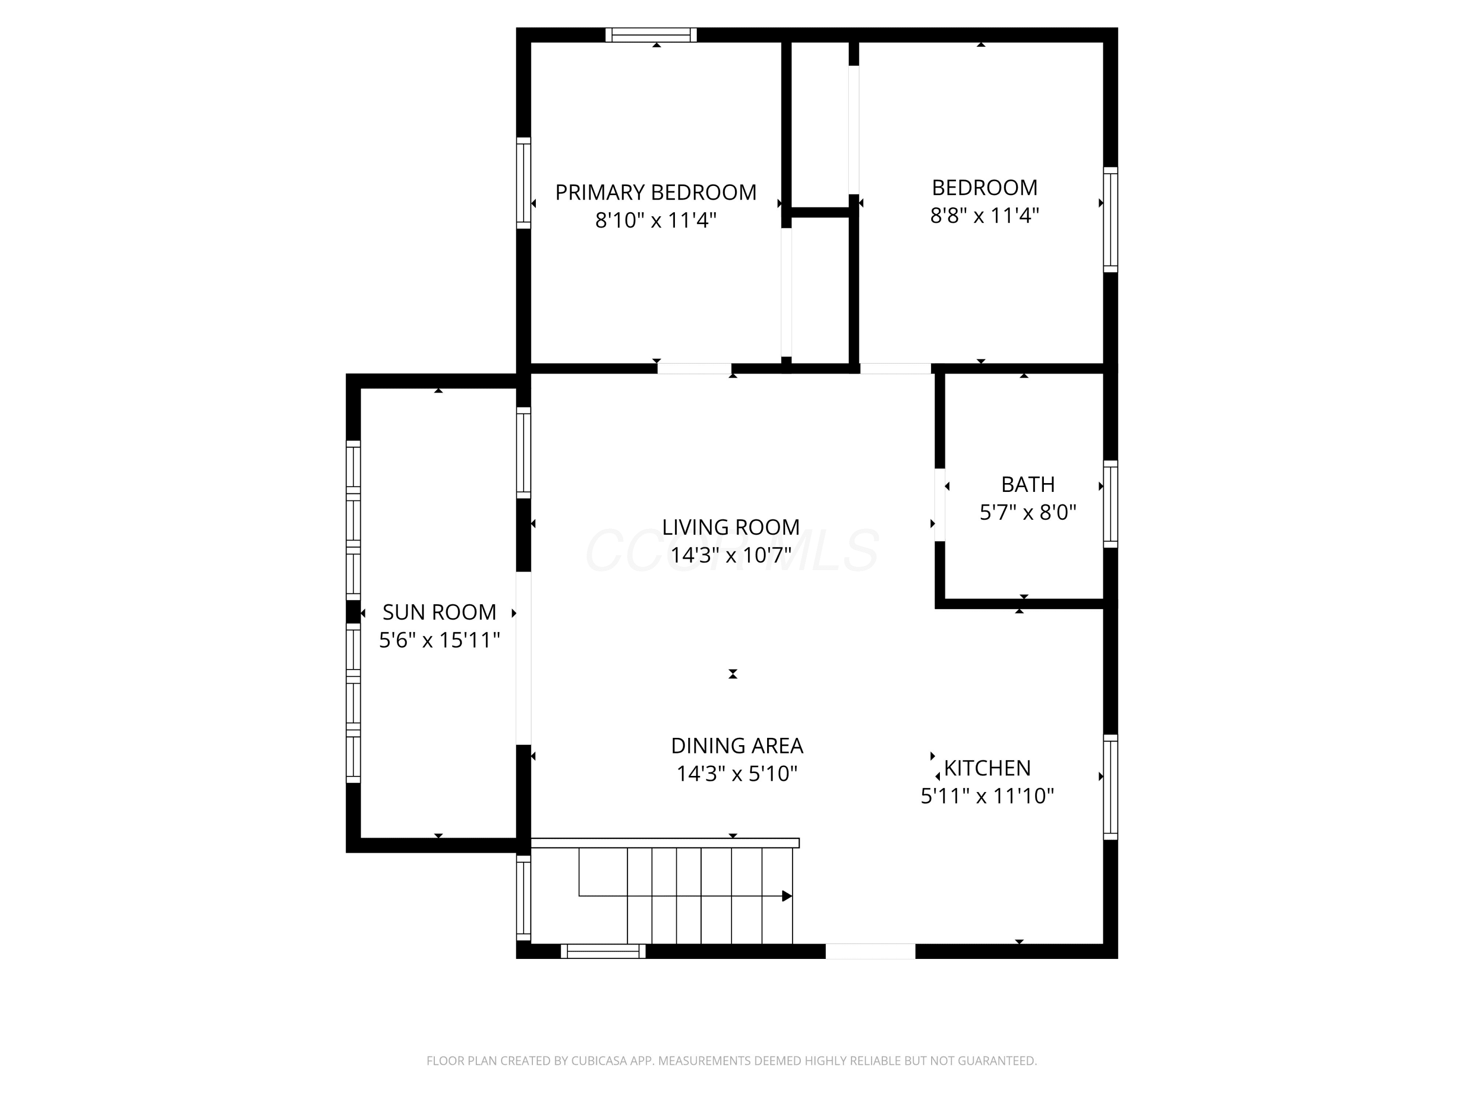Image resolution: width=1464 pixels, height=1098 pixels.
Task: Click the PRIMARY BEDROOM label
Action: tap(655, 193)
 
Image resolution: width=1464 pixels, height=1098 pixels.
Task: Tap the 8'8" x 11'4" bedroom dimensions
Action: tap(984, 216)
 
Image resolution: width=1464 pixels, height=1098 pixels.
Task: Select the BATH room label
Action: tap(1028, 485)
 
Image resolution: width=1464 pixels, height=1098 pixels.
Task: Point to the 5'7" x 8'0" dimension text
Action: tap(1028, 512)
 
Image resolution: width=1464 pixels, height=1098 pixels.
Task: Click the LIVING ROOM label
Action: tap(731, 527)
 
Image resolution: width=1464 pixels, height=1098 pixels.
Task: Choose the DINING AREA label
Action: tap(736, 746)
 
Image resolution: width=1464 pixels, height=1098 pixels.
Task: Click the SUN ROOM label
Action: tap(440, 612)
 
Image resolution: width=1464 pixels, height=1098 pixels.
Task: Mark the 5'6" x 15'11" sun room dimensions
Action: tap(440, 640)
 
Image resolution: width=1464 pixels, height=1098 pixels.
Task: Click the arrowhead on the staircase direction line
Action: tap(787, 896)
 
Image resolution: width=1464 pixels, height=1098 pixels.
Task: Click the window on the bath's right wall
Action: tap(1111, 504)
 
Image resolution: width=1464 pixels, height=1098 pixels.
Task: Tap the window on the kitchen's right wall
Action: tap(1111, 787)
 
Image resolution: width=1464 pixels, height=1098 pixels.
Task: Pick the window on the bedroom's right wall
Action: tap(1111, 220)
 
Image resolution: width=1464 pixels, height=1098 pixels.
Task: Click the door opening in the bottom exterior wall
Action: tap(870, 951)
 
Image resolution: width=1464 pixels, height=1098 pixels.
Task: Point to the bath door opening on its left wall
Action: tap(939, 505)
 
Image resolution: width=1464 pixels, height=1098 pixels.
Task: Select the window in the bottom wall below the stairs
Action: tap(603, 951)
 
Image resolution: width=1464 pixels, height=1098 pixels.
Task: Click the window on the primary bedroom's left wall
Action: tap(524, 183)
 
